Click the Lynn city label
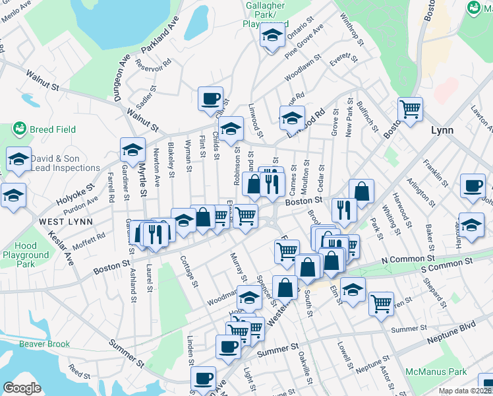coord(442,130)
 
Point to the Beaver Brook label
coord(43,344)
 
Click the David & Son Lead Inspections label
coord(65,163)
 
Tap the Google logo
coord(22,388)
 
